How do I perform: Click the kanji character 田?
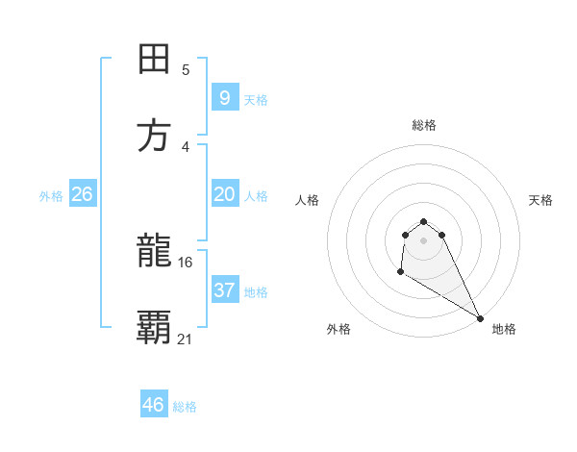click(154, 59)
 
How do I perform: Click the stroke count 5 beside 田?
click(186, 70)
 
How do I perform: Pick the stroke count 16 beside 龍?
click(186, 262)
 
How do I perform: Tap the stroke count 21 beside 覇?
click(186, 339)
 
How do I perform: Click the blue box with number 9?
click(224, 97)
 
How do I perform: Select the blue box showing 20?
click(224, 194)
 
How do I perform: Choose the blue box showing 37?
click(224, 289)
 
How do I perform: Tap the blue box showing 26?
click(82, 194)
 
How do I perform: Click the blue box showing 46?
click(153, 405)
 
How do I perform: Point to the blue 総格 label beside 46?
click(185, 407)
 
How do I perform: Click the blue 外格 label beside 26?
click(51, 196)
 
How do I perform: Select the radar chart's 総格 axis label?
click(424, 125)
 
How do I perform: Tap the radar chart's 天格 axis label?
click(541, 200)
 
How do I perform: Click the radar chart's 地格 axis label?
click(504, 329)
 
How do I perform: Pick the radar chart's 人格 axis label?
click(308, 200)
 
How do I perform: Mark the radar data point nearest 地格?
click(480, 317)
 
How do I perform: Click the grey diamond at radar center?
click(423, 240)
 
